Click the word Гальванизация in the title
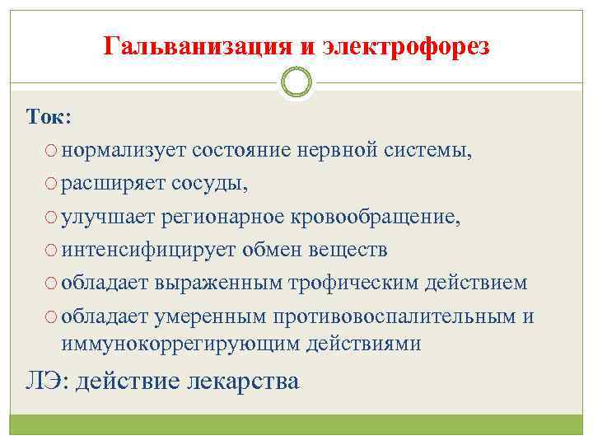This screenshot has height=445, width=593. click(x=194, y=47)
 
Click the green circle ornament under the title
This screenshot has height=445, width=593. click(x=296, y=82)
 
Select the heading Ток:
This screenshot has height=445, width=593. click(x=49, y=118)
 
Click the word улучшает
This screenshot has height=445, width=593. click(x=110, y=217)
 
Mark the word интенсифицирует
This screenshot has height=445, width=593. click(x=147, y=250)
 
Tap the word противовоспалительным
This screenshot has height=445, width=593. click(x=423, y=316)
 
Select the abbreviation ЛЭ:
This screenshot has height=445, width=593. click(x=46, y=382)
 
